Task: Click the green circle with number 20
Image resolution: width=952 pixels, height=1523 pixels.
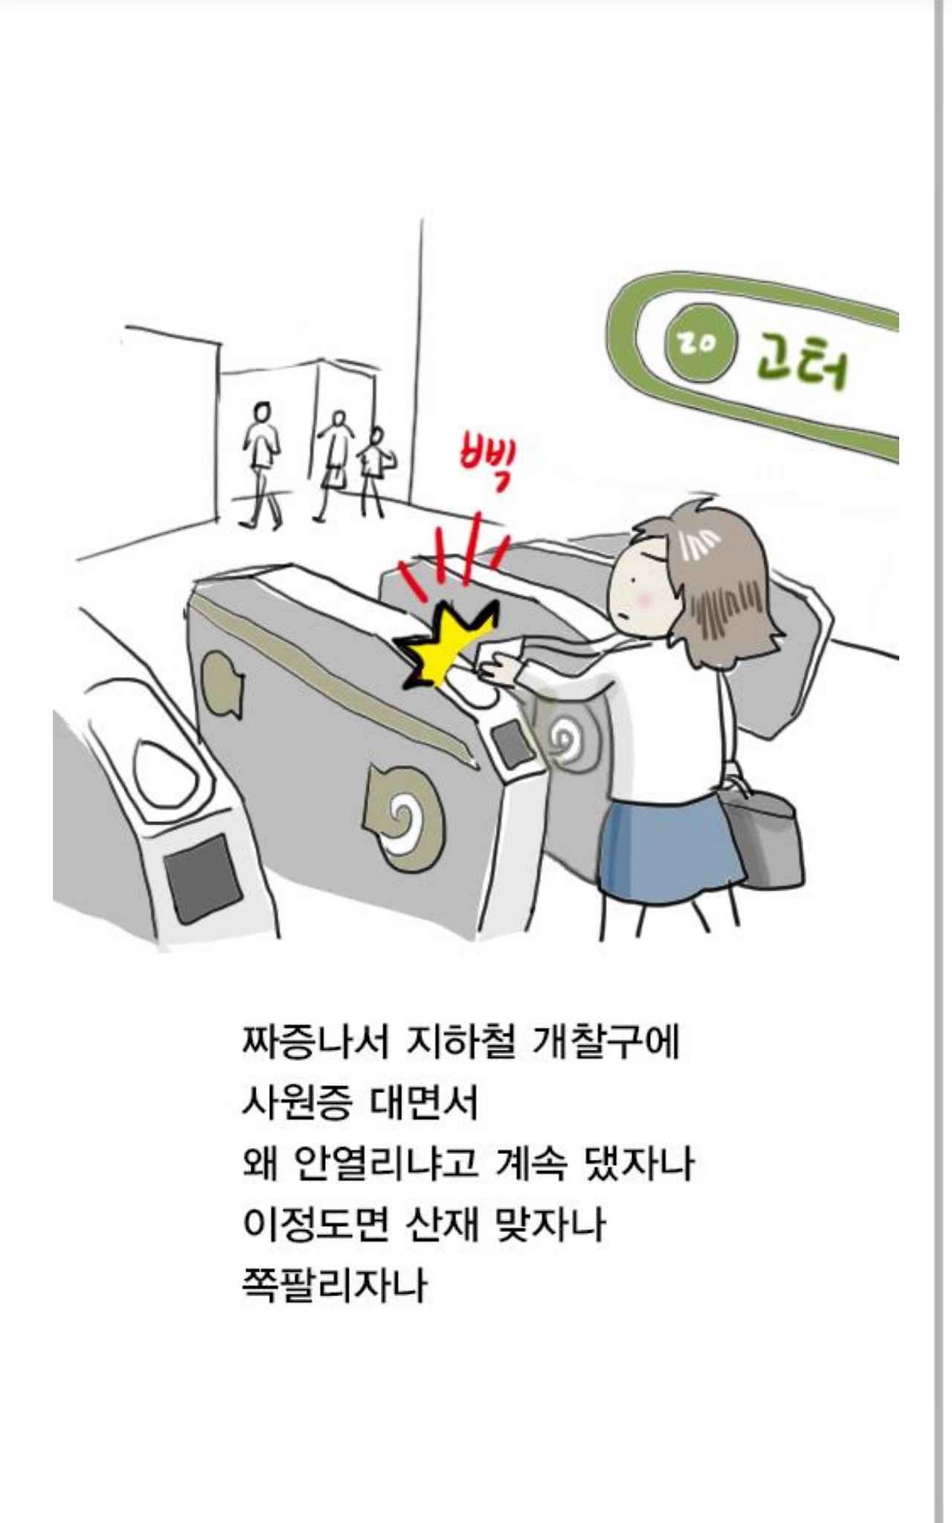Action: pos(698,344)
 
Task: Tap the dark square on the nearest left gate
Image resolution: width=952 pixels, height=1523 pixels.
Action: pos(202,878)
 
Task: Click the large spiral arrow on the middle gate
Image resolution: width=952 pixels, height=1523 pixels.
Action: pos(405,817)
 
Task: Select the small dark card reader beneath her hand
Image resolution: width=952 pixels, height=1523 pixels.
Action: pos(512,743)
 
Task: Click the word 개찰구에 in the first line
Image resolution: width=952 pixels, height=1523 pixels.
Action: pos(606,1042)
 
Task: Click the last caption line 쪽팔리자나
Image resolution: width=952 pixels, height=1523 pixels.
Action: pos(335,1285)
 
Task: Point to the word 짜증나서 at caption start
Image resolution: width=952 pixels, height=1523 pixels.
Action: pos(315,1042)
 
